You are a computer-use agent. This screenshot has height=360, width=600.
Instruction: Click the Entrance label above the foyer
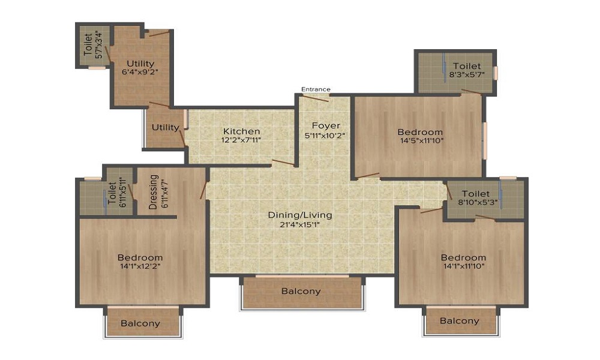[x=316, y=89]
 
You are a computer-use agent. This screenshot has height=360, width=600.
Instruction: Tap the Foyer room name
[x=326, y=125]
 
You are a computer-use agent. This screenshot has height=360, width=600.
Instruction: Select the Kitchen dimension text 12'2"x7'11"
[x=242, y=140]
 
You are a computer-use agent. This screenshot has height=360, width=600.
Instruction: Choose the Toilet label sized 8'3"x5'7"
[x=467, y=66]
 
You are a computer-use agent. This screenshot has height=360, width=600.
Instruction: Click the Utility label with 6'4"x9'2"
[x=140, y=64]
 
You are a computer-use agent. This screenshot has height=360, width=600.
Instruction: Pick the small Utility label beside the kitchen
[x=165, y=127]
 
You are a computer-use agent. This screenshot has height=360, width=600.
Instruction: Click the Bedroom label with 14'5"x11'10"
[x=420, y=132]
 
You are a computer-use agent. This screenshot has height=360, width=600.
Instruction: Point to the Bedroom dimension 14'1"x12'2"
[x=140, y=267]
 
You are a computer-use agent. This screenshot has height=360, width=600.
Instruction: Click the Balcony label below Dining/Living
[x=301, y=292]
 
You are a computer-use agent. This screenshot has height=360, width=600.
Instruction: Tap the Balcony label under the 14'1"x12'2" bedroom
[x=140, y=323]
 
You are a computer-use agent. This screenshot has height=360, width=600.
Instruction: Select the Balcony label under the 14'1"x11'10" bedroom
[x=460, y=321]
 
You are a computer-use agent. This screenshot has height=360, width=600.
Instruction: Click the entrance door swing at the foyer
[x=316, y=98]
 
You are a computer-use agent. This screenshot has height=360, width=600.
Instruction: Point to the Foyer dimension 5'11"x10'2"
[x=326, y=136]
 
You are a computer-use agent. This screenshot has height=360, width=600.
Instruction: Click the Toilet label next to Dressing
[x=112, y=191]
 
